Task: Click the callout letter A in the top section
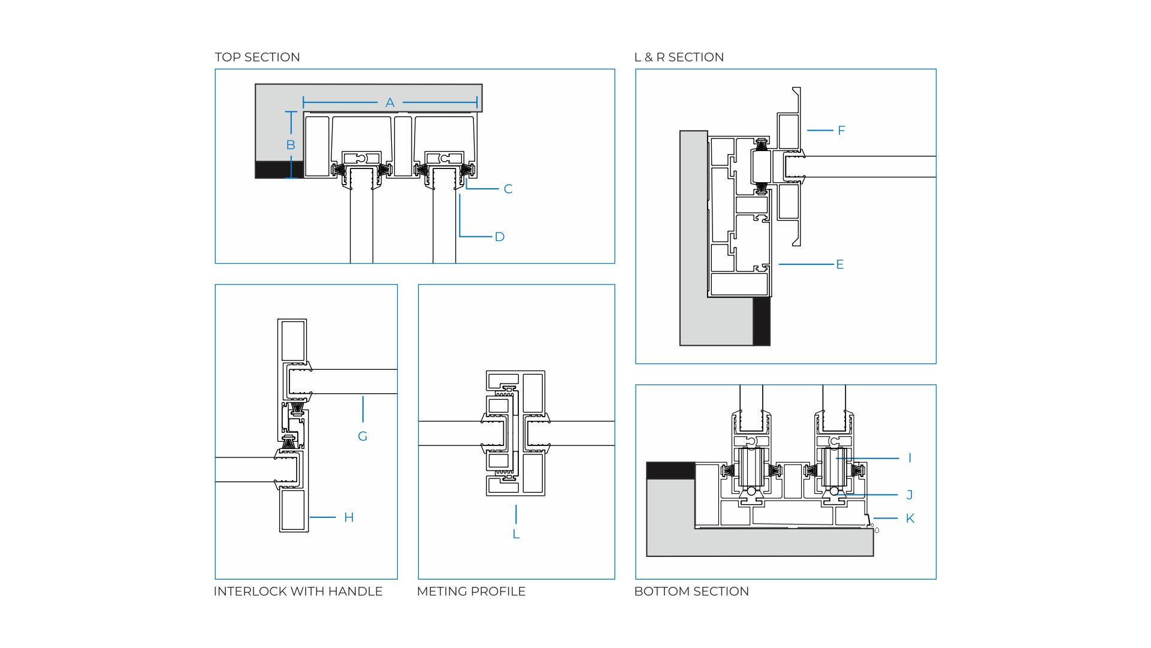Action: point(390,103)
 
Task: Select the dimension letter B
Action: point(291,145)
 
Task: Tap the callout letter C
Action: point(508,189)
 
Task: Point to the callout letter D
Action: point(500,237)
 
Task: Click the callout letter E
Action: point(840,264)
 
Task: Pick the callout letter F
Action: point(841,131)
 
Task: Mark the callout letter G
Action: point(362,436)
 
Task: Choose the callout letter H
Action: point(349,518)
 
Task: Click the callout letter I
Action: point(910,459)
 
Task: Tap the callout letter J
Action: point(910,495)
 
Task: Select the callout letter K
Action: point(910,519)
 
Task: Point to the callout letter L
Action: point(516,534)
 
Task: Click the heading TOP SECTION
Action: point(258,58)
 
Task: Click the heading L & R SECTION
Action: point(679,58)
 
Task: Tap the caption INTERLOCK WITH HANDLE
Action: point(298,592)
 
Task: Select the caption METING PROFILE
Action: point(471,592)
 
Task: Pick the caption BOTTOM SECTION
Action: point(691,592)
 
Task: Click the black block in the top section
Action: point(279,170)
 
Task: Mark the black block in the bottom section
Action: point(670,471)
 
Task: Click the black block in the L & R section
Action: point(762,321)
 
